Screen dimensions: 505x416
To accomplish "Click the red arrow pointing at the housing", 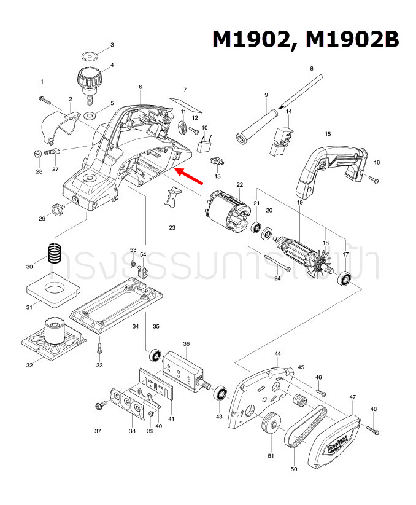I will tap(191, 177).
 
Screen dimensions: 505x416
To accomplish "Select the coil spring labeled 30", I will tap(56, 254).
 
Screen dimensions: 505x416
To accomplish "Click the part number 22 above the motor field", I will tap(239, 184).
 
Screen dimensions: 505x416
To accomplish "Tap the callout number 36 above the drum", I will tap(186, 344).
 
